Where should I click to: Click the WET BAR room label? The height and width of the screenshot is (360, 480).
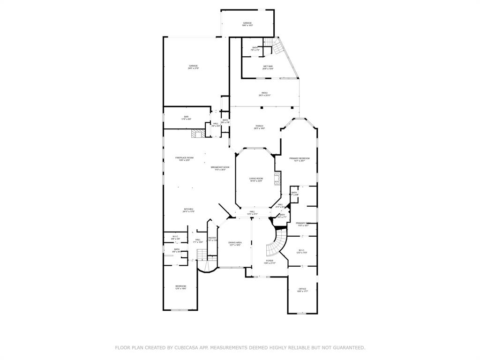[x=268, y=67]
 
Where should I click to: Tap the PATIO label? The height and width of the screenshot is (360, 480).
[x=264, y=93]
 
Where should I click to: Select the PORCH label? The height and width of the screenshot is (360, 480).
[x=259, y=126]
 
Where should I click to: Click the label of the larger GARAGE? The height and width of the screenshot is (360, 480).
[x=193, y=66]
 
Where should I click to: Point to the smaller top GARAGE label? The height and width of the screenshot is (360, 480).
[x=247, y=23]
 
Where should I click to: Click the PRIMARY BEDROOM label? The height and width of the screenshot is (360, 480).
[x=299, y=159]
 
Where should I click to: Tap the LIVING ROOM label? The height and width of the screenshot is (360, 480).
[x=256, y=179]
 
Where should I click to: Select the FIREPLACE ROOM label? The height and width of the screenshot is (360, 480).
[x=184, y=158]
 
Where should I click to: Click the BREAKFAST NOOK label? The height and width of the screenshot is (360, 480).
[x=220, y=167]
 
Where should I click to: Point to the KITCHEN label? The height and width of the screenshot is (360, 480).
[x=188, y=210]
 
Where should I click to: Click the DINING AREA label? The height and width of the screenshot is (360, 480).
[x=235, y=243]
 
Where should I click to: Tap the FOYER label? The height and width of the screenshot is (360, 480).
[x=270, y=261]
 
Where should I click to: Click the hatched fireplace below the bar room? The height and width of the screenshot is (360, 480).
[x=196, y=134]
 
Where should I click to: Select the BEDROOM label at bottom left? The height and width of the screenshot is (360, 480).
[x=180, y=286]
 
